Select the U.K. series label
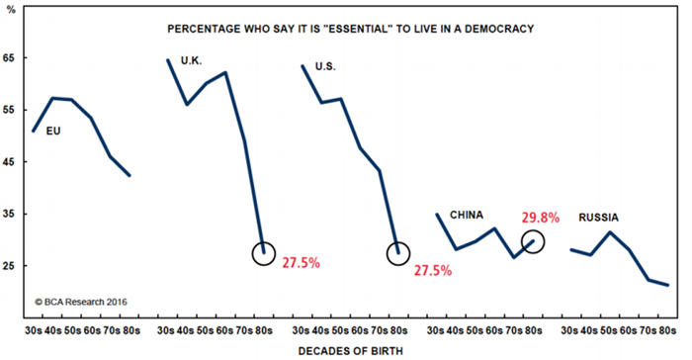(193, 60)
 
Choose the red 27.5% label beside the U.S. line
(436, 269)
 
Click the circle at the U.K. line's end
(264, 253)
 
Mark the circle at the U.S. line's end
(397, 253)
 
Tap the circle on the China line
(532, 240)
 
